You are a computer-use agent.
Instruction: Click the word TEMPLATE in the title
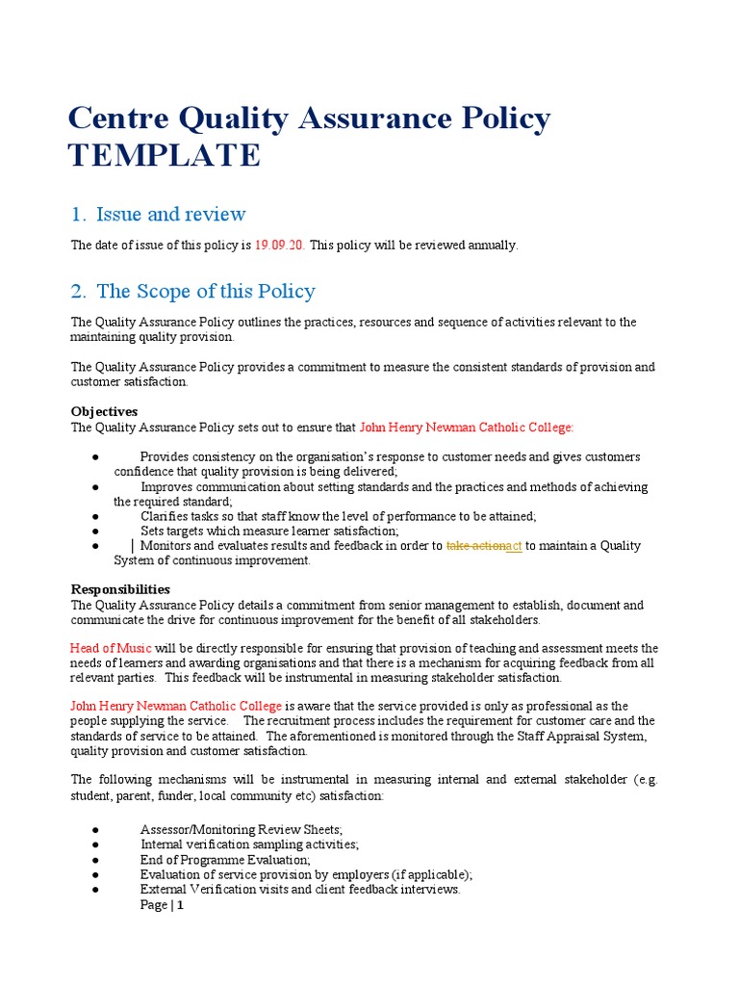(164, 155)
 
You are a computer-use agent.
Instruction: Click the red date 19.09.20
(280, 246)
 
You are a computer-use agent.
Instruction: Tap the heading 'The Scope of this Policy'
(205, 291)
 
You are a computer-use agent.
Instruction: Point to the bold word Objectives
(104, 411)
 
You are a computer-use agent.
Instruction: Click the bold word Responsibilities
(120, 588)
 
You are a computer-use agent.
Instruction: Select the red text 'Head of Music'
(110, 648)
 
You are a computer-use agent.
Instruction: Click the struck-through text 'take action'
(475, 546)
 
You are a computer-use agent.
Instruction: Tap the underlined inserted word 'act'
(514, 546)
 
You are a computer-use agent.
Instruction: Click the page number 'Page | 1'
(162, 905)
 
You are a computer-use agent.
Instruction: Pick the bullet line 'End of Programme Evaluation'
(225, 860)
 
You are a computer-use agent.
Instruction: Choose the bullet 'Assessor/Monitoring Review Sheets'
(241, 830)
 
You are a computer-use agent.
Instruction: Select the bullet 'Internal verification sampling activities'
(249, 844)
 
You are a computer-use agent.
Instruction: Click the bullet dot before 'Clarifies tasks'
(97, 517)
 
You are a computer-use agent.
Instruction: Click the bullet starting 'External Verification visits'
(300, 890)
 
